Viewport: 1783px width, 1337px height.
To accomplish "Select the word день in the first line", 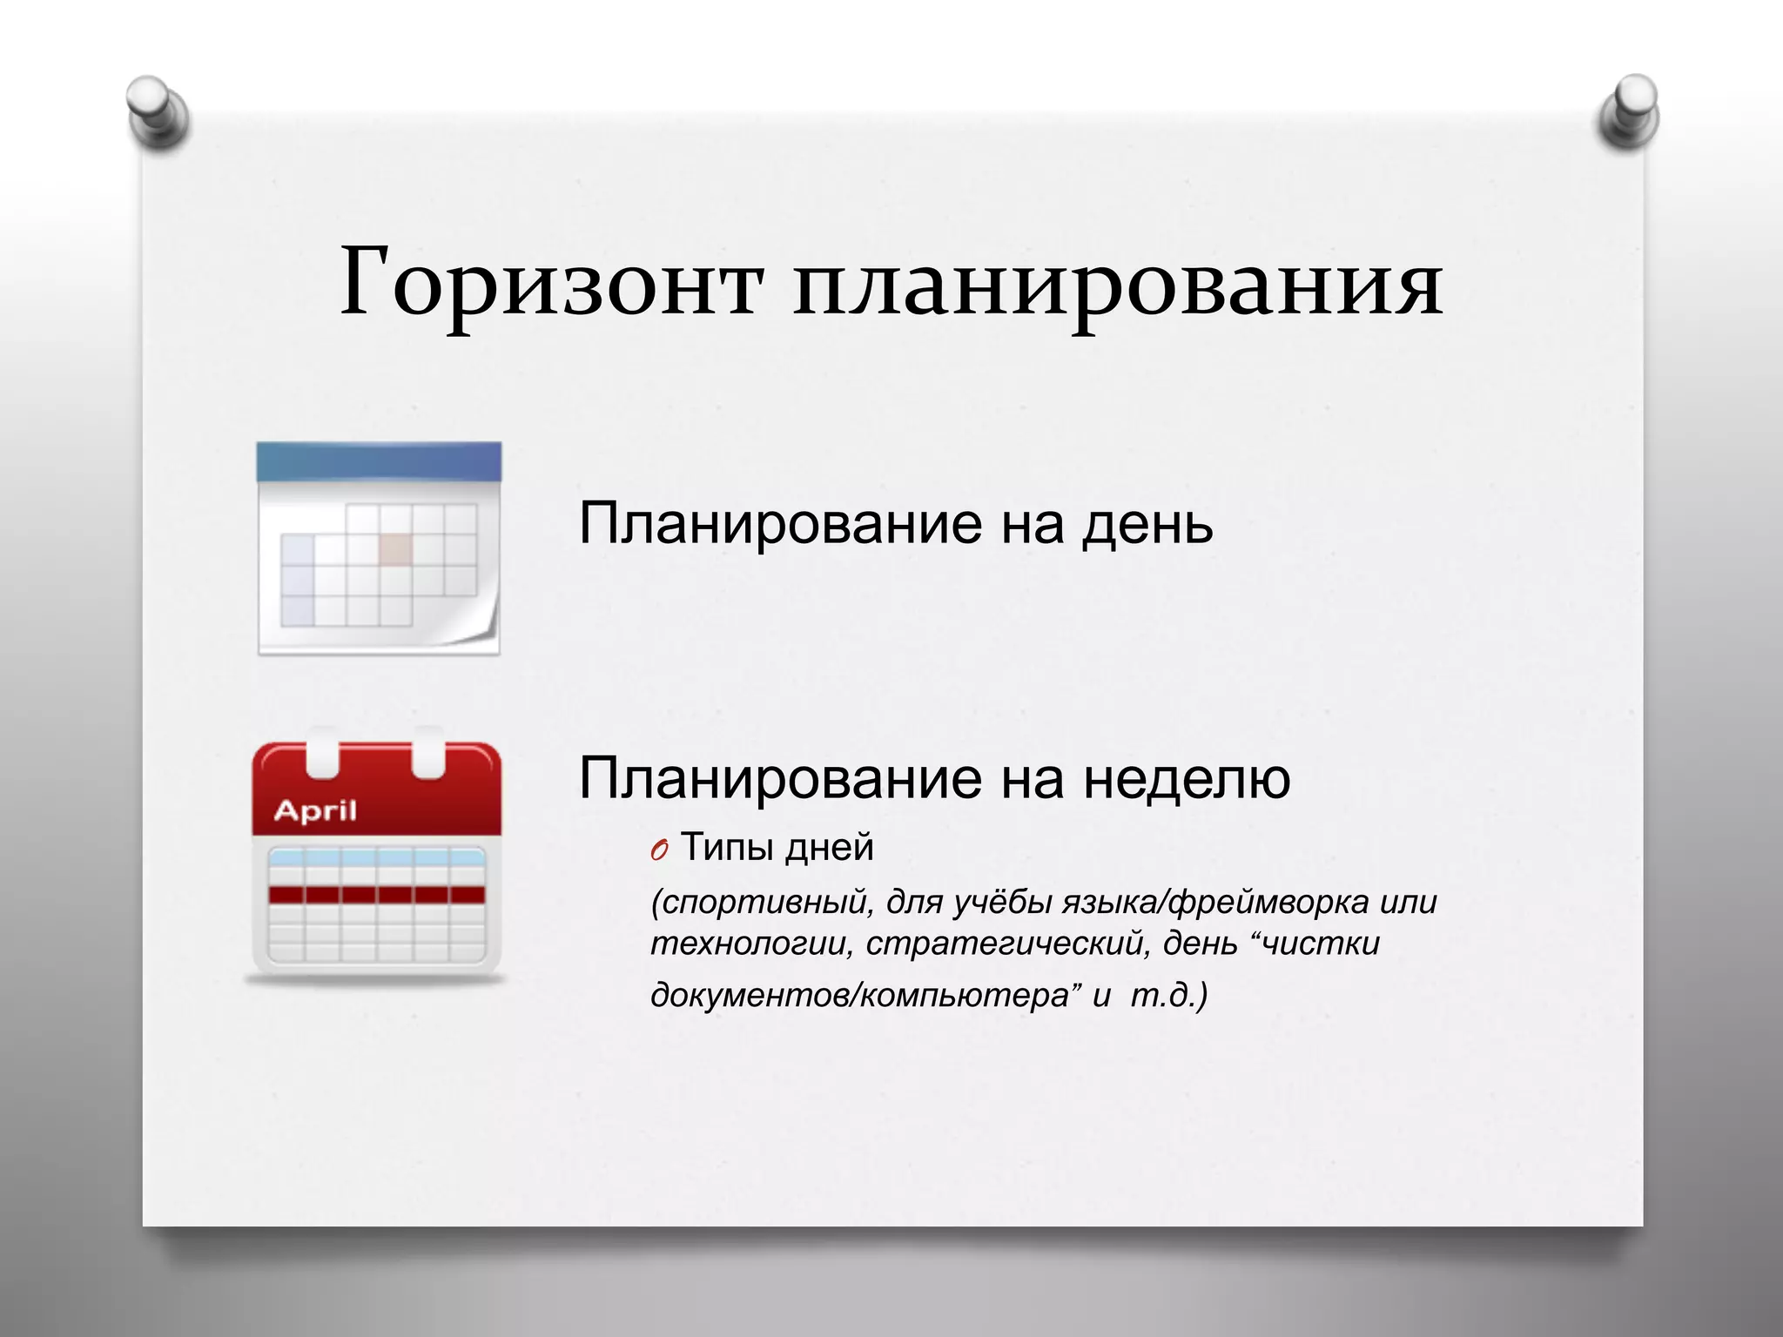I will pos(1147,525).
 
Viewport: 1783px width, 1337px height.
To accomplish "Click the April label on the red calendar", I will pos(315,811).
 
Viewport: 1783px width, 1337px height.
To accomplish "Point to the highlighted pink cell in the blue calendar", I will pos(395,548).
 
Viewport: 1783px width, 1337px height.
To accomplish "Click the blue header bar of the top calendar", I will pos(379,461).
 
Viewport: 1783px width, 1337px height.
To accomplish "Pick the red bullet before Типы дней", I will pos(659,850).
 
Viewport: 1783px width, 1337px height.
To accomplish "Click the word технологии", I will pos(750,944).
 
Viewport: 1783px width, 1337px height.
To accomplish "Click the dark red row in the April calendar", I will pos(377,895).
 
